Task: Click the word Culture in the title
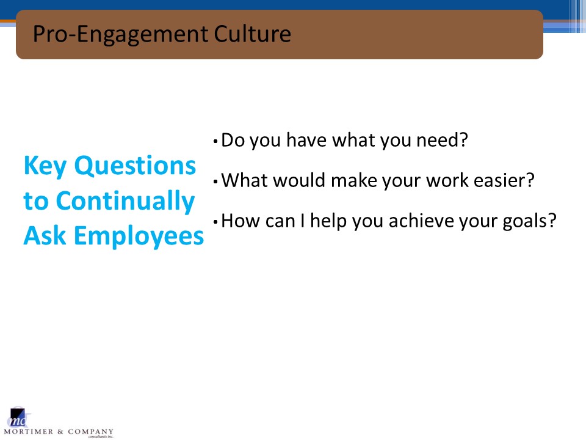[252, 34]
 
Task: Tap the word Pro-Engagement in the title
[120, 35]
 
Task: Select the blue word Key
[45, 166]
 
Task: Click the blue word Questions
[135, 166]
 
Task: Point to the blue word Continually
[125, 201]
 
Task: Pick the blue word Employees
[139, 237]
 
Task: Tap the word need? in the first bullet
[442, 140]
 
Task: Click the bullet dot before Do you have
[215, 141]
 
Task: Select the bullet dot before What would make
[215, 182]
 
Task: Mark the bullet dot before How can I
[215, 222]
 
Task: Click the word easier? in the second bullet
[504, 180]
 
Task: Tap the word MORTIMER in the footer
[29, 432]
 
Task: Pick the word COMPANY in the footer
[90, 432]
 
